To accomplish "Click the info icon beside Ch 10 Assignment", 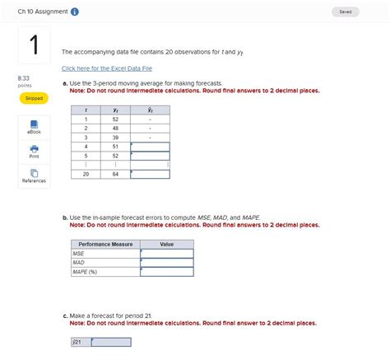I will (x=76, y=12).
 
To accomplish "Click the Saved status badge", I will (x=345, y=12).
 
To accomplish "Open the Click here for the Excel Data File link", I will (x=107, y=68).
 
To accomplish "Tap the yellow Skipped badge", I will (x=34, y=98).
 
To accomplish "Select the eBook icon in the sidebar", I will (x=34, y=125).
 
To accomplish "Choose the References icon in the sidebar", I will (x=34, y=175).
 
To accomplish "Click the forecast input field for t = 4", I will (x=150, y=147).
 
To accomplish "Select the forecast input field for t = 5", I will (x=150, y=156).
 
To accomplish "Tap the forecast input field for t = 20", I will (x=150, y=174).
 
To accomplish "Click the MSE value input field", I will (x=167, y=254).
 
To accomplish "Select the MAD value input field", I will (x=167, y=263).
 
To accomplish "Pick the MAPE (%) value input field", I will (x=167, y=272).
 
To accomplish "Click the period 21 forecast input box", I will (x=111, y=342).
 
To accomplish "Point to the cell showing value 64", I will (x=115, y=174).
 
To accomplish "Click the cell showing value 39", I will (x=115, y=138).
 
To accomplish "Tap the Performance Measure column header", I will (x=105, y=245).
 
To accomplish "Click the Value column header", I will (x=167, y=245).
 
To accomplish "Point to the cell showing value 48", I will (x=115, y=129).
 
